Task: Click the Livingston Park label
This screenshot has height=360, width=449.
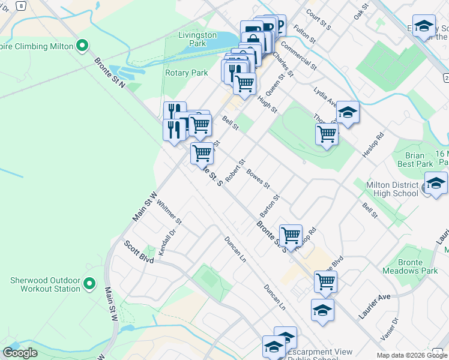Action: click(x=197, y=39)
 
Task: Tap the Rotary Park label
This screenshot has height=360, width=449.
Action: click(x=186, y=73)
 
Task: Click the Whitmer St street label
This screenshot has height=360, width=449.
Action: click(x=169, y=212)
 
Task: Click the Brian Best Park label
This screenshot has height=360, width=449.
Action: click(x=415, y=160)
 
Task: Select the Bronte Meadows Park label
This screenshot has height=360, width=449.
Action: click(x=418, y=266)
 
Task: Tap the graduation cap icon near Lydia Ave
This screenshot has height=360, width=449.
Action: click(x=347, y=112)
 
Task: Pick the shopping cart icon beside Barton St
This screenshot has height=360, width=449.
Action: click(x=291, y=235)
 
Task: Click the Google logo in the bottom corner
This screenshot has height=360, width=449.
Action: click(x=20, y=353)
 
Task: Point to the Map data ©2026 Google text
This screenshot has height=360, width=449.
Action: click(x=412, y=356)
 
